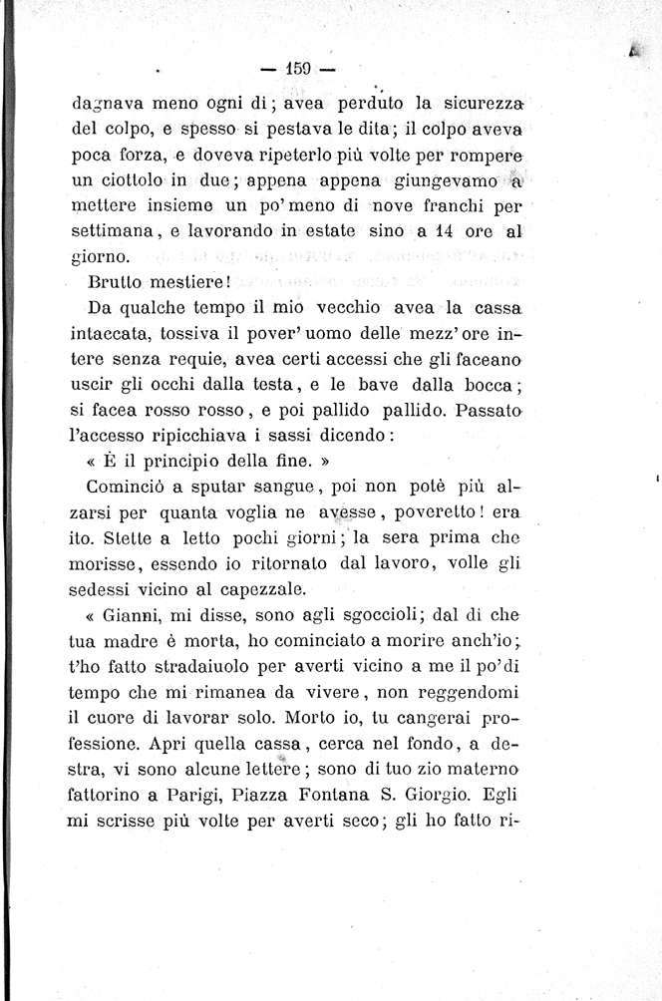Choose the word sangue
click(x=276, y=489)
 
